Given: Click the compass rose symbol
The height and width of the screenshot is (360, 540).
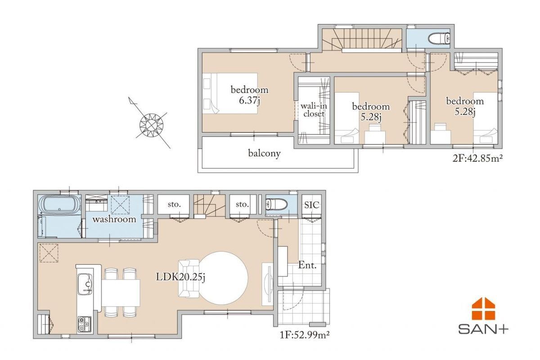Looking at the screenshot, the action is point(151,125).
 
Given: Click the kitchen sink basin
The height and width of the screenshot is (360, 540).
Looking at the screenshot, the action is point(85,284).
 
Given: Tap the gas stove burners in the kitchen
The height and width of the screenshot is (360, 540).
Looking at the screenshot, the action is point(85,324).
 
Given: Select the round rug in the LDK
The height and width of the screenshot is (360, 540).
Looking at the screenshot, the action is point(223,278).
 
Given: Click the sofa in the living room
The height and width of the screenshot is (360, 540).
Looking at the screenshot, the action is point(189,278).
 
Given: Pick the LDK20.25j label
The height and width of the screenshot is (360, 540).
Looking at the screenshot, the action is point(180,277).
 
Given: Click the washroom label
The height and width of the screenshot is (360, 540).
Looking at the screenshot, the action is point(114,219).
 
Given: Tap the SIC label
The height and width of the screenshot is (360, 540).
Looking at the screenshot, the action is point(312,205).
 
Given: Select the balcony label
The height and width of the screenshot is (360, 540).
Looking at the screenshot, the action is point(265,153).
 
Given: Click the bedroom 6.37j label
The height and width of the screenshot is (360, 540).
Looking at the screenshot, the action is point(249,95).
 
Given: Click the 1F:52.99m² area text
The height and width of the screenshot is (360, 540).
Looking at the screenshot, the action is point(305,335).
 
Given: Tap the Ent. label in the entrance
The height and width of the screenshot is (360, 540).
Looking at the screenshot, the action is point(307,265).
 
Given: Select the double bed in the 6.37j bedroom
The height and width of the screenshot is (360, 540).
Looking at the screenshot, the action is point(230,93).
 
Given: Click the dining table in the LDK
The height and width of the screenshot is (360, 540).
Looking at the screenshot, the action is point(121,293).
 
